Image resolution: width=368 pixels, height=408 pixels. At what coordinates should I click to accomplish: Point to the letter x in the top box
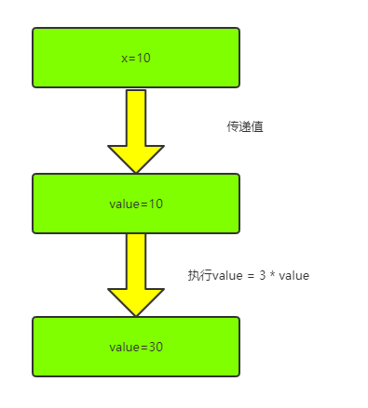pos(125,58)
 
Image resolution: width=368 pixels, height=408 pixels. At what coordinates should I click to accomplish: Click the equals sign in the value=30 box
pos(143,347)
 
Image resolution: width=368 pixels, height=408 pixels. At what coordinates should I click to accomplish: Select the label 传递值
pos(245,126)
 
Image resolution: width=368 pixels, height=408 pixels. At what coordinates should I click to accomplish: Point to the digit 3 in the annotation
pos(262,275)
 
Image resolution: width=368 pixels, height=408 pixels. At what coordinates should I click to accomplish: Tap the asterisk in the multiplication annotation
pos(271,275)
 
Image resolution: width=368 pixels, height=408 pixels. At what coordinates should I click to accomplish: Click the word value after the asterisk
pos(293,275)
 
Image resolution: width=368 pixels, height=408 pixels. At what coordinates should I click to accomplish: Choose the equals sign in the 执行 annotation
pos(251,275)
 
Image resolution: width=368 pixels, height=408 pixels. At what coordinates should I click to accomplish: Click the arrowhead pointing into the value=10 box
pos(136,159)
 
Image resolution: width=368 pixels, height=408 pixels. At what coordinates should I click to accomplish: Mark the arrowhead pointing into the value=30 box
pos(136,302)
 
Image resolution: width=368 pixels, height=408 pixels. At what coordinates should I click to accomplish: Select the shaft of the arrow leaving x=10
pos(136,116)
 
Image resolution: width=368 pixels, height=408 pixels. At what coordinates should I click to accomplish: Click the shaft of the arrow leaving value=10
pos(136,260)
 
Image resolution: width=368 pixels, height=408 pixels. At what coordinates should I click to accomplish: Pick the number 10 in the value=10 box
pos(155,204)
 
